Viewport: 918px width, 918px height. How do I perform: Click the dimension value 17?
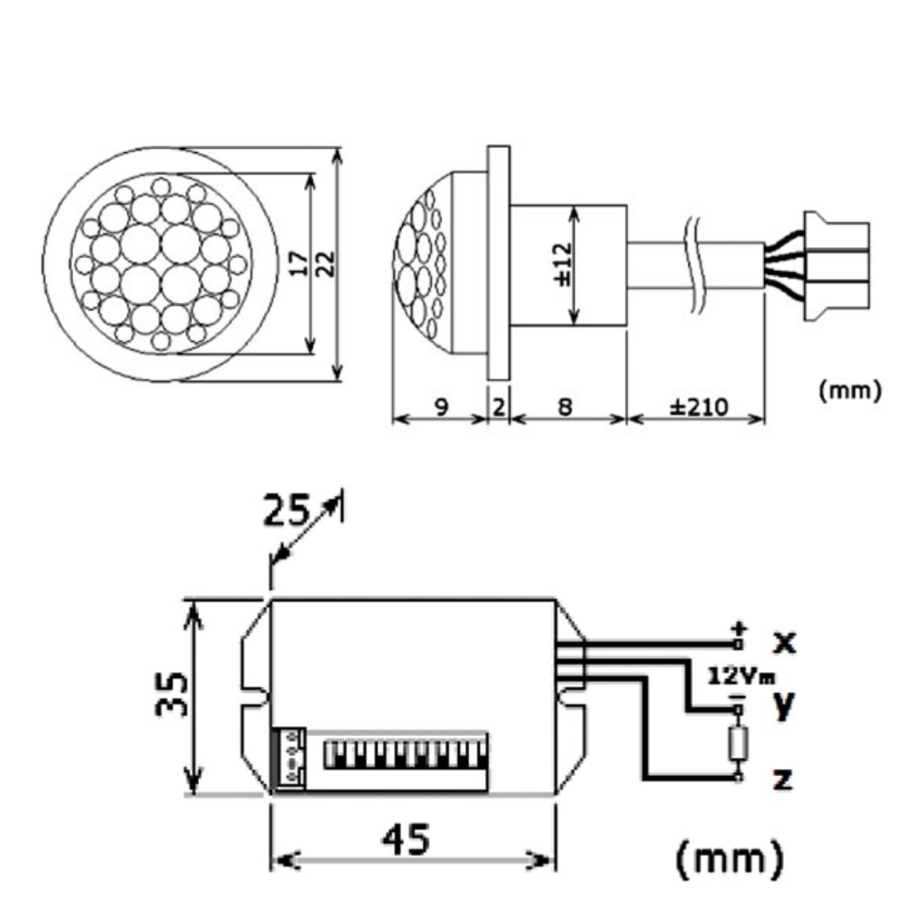pos(298,263)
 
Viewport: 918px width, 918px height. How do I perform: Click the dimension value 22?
pos(325,263)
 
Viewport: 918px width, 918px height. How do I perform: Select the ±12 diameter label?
pos(563,264)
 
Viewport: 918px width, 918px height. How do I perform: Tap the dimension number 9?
pos(442,405)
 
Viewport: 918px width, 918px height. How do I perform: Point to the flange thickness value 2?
pos(499,406)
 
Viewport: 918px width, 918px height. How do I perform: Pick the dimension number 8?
pos(565,406)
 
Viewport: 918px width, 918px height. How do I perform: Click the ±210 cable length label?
pos(699,406)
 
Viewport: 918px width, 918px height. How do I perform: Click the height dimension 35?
pos(172,695)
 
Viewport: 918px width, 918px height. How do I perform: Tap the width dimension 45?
pos(405,839)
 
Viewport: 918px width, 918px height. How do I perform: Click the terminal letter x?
pos(785,643)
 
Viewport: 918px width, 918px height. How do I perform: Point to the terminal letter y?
pos(784,705)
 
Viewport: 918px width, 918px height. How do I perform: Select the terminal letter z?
pos(783,779)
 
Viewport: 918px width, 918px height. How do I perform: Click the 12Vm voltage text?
pos(741,677)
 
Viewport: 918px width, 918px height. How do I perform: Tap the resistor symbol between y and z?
pos(739,744)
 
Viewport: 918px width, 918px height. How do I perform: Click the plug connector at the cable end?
pos(836,266)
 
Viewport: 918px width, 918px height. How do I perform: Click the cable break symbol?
pos(694,265)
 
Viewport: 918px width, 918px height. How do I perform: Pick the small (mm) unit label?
pos(849,390)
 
